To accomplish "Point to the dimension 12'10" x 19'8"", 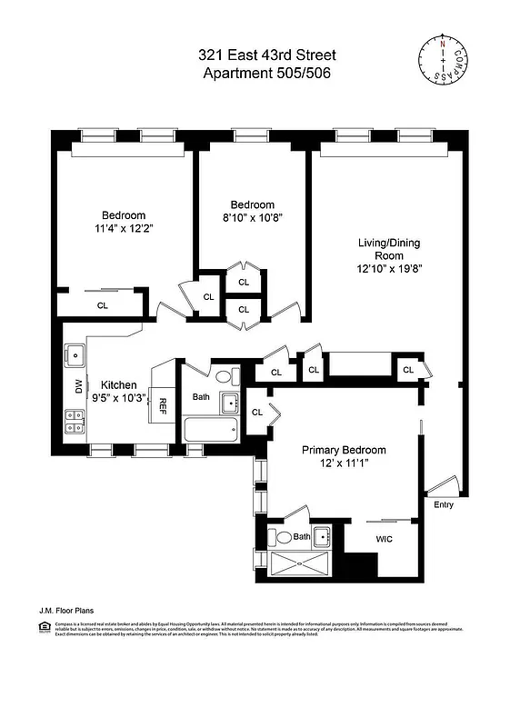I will [x=388, y=269].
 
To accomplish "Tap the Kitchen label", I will [x=118, y=384].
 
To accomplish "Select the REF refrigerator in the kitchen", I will [x=164, y=405].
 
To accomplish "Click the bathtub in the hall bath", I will [x=210, y=430].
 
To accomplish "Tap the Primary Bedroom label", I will [x=344, y=450].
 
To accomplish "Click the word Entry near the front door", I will [x=444, y=504].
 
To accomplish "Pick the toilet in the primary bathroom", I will [x=283, y=537].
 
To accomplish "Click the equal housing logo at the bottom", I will [x=43, y=626].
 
